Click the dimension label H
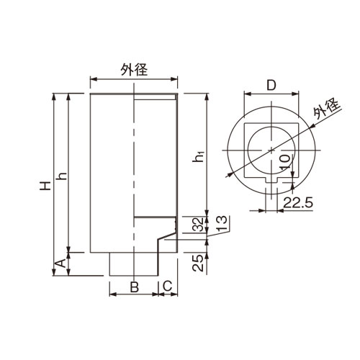click(45, 186)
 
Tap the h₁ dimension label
click(198, 156)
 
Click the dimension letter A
click(61, 264)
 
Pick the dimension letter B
click(135, 287)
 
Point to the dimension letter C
click(168, 286)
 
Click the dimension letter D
click(271, 86)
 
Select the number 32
click(199, 225)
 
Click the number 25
click(198, 263)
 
